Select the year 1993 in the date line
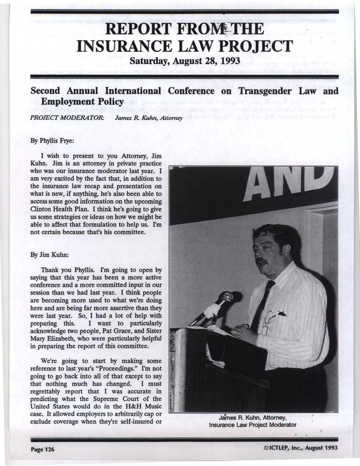pyautogui.click(x=229, y=61)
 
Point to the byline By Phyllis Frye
pyautogui.click(x=52, y=138)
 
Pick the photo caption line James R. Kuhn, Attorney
pyautogui.click(x=253, y=418)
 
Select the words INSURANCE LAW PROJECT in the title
pyautogui.click(x=184, y=46)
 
